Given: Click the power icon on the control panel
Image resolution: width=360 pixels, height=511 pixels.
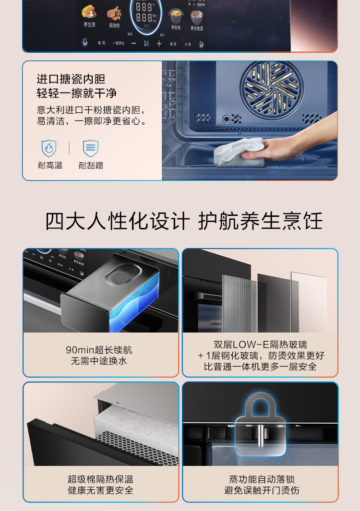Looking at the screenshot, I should (201, 44).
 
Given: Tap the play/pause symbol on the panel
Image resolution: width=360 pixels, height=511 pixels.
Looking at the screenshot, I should (146, 43).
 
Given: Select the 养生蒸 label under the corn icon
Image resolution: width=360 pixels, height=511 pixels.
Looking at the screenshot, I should (89, 25).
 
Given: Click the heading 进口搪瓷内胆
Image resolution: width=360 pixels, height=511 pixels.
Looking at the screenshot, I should (71, 79).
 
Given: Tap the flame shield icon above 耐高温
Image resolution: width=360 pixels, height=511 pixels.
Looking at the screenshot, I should (49, 148).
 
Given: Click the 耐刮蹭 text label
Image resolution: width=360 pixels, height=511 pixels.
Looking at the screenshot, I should (91, 166).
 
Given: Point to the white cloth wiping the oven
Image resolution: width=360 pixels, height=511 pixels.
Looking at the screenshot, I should (239, 152).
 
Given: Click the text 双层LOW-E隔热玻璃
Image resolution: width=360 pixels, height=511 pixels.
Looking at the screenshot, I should (260, 345).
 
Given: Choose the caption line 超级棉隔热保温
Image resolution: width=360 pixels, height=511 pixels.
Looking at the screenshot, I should (100, 479).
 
